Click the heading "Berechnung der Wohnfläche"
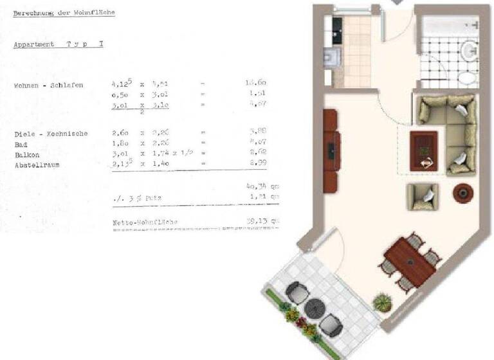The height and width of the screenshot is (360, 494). [64, 13]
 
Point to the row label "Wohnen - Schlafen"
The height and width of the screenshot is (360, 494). [49, 85]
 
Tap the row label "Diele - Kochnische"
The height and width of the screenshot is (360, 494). [51, 134]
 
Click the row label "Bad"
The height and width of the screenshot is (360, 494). [21, 144]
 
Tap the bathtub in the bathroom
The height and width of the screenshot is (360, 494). [448, 28]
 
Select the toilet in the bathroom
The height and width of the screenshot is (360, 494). [468, 78]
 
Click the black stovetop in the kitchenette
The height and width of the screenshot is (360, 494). [337, 26]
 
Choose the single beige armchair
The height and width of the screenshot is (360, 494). [422, 196]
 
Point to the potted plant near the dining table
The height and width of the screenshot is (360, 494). [382, 301]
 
